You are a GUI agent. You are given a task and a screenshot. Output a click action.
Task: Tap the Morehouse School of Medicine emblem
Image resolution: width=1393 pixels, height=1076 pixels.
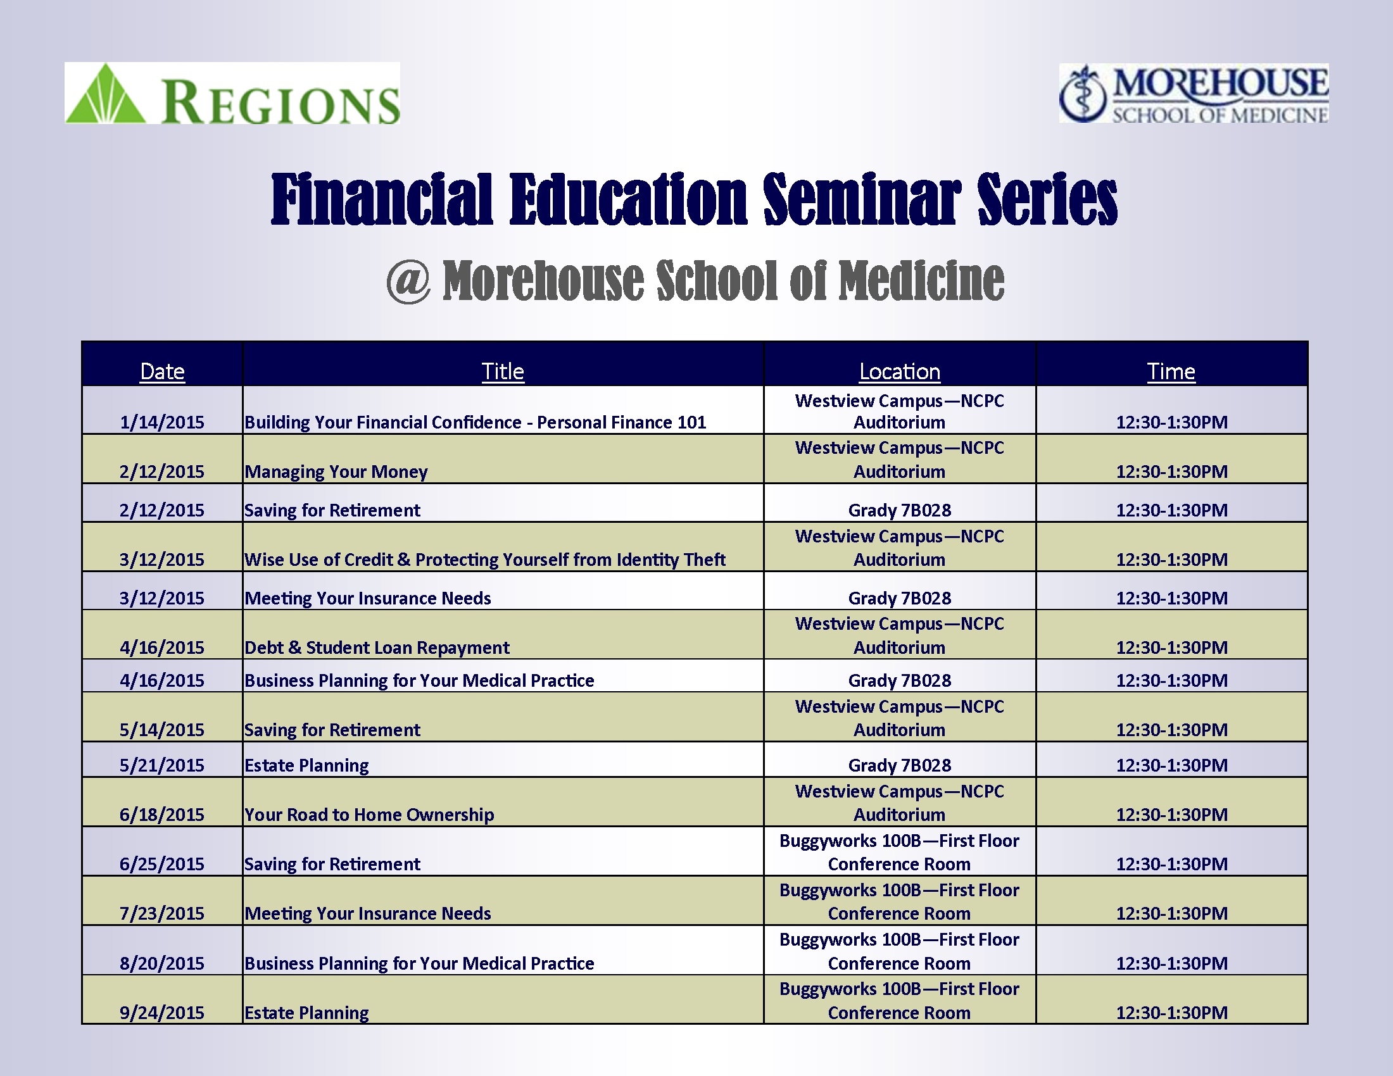tap(1083, 94)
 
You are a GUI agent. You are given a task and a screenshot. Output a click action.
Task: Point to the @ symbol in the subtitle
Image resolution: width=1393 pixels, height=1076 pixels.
tap(408, 280)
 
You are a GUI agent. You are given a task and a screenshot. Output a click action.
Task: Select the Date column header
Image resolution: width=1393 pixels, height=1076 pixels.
tap(162, 371)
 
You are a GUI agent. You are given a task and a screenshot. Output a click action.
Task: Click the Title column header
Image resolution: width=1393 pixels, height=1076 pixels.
tap(503, 371)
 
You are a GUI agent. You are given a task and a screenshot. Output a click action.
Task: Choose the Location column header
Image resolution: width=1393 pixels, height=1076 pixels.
tap(899, 371)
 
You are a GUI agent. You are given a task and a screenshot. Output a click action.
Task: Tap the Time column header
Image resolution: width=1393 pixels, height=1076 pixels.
tap(1171, 371)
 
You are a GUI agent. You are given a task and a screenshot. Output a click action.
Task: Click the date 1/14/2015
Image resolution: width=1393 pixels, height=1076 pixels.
tap(162, 422)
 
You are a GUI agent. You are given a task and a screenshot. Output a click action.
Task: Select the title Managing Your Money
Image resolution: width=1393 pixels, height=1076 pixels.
tap(336, 472)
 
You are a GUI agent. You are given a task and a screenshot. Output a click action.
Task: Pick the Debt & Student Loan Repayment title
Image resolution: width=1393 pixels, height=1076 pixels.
tap(377, 647)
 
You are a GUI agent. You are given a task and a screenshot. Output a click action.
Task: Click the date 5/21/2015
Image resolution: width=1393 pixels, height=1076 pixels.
tap(162, 765)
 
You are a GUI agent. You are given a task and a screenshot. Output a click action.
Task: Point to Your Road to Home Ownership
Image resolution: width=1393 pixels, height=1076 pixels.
tap(369, 815)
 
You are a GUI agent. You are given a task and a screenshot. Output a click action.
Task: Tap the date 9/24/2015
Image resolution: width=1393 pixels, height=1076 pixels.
tap(162, 1012)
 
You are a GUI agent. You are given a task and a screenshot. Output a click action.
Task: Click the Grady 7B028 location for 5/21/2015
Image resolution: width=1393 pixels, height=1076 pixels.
tap(899, 765)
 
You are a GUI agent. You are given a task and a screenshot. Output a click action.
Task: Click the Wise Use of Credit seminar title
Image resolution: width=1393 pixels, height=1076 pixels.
tap(485, 560)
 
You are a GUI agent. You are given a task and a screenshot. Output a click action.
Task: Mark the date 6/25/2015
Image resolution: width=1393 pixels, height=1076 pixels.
tap(162, 864)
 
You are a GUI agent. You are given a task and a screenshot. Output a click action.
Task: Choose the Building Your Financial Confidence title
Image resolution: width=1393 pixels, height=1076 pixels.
tap(475, 422)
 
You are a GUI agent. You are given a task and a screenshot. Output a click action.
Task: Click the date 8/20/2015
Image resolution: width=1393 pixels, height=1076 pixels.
tap(162, 963)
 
